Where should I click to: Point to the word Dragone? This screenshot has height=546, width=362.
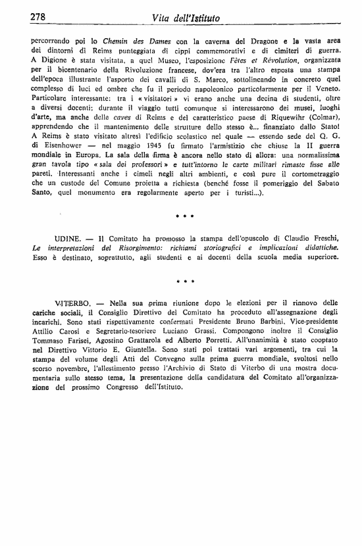click(x=242, y=40)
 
